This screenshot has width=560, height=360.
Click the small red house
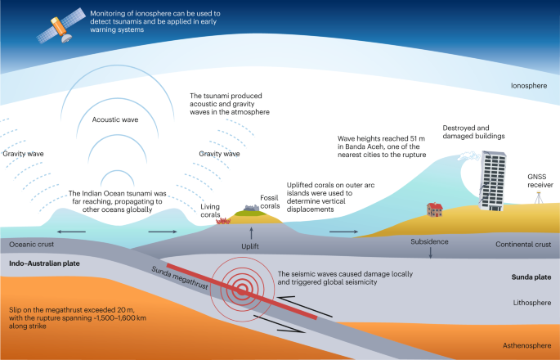(x=435, y=209)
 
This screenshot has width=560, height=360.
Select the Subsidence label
(x=431, y=242)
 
